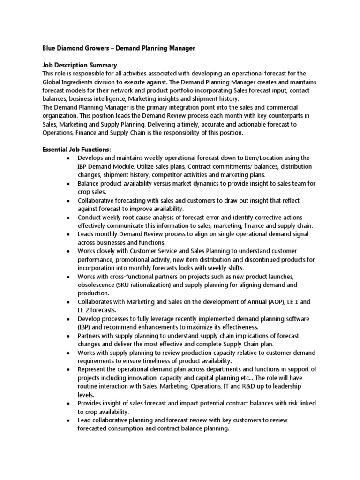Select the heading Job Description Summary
coord(80,65)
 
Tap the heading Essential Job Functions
coord(77,150)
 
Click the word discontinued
coord(257,260)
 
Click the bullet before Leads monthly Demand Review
coord(68,235)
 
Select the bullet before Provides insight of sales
coord(68,404)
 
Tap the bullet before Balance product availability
coord(68,184)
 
